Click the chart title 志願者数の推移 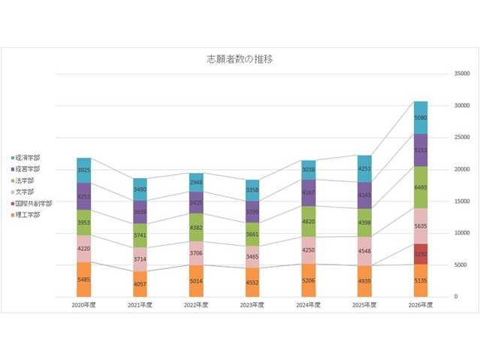(240, 59)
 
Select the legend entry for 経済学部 (27, 158)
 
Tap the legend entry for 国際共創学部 (32, 203)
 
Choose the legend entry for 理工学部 (27, 214)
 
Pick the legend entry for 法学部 (25, 180)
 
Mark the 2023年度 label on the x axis (252, 305)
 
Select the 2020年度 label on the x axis (84, 305)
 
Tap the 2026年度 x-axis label (420, 305)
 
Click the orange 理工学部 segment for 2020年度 (84, 279)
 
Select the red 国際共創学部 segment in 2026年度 (420, 254)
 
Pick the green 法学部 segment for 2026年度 (420, 187)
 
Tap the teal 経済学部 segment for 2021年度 (140, 189)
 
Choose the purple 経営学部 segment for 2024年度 (308, 192)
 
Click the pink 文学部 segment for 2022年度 (196, 253)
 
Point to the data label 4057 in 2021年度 (140, 283)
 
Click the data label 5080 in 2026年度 (420, 118)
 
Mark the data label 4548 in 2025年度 (364, 251)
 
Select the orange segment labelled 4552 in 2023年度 (252, 282)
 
